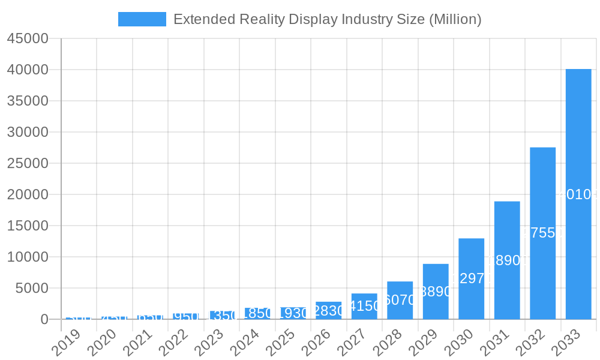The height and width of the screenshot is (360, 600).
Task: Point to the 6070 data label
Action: click(x=400, y=300)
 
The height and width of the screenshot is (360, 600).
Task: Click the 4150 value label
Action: click(x=364, y=306)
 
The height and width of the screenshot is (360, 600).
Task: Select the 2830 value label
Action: click(x=329, y=311)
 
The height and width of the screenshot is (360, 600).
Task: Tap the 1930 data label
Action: click(x=293, y=313)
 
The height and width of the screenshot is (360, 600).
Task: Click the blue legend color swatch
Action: click(x=142, y=19)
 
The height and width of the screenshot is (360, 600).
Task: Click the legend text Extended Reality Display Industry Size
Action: click(x=327, y=19)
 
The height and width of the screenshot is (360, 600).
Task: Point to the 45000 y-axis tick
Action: click(x=28, y=38)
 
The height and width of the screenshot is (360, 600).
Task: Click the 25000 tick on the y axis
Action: click(x=28, y=163)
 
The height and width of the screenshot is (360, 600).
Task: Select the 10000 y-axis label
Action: click(x=28, y=257)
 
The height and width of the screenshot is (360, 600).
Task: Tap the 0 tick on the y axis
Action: click(x=44, y=319)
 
